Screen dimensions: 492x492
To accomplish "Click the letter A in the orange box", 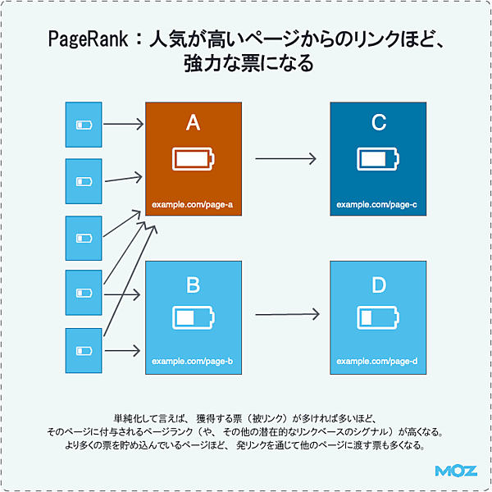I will [x=193, y=123].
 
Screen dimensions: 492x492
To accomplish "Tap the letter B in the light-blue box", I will [x=193, y=285].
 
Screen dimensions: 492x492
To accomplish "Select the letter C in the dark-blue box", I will [x=378, y=123].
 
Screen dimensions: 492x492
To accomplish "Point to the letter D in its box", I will [x=378, y=285].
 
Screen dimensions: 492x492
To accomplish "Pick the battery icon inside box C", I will [x=377, y=158].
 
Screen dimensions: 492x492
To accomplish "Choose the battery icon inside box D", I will [x=377, y=318].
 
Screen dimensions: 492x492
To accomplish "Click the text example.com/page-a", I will [x=192, y=203].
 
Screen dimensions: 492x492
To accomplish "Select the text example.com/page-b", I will [x=192, y=362].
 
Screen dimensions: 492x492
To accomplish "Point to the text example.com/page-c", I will [x=377, y=203].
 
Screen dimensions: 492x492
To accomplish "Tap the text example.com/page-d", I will [x=377, y=362].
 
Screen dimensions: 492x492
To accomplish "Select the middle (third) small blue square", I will [x=84, y=238].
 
